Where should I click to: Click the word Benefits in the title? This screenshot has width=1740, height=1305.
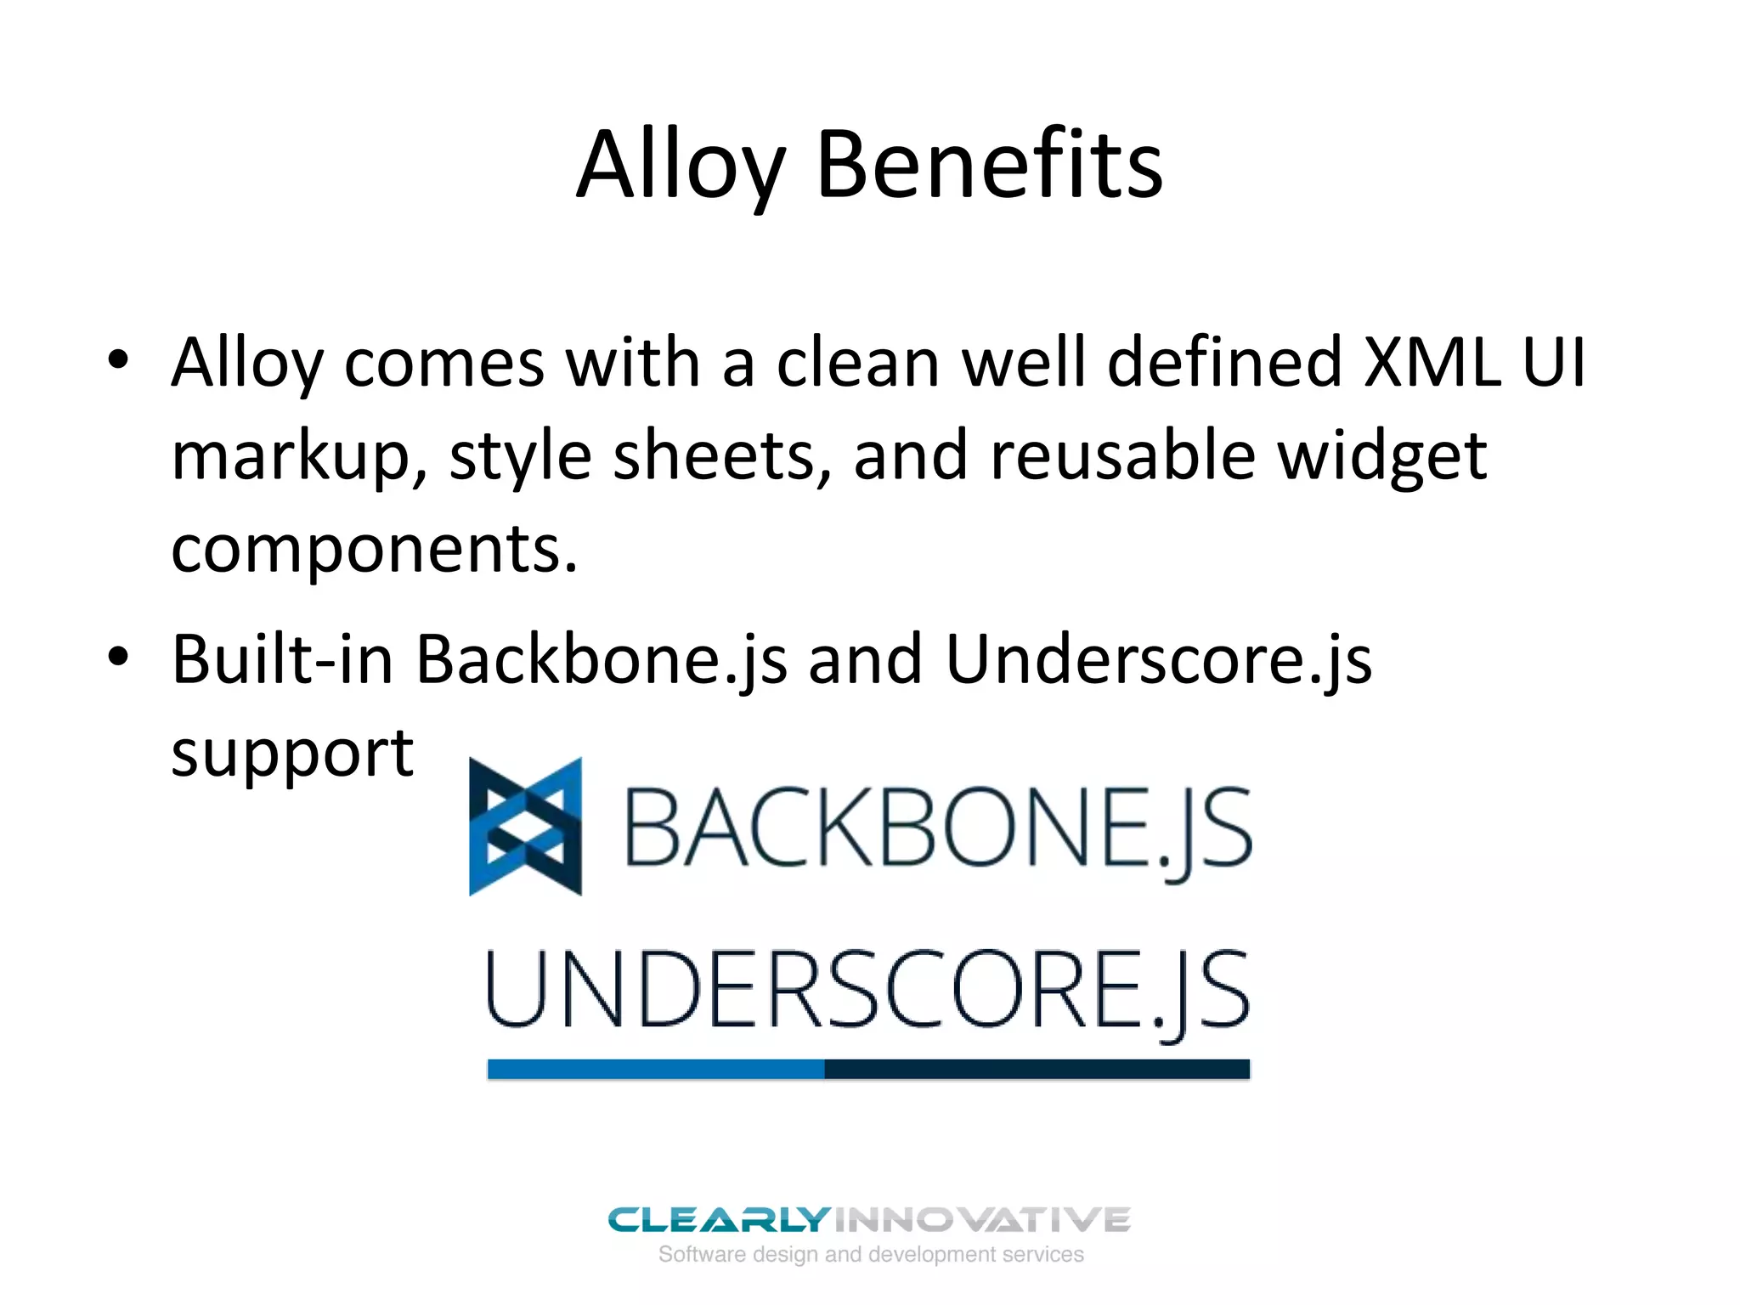[989, 165]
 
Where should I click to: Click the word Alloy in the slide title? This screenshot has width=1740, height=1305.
[680, 165]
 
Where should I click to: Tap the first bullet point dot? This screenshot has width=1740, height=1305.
[118, 359]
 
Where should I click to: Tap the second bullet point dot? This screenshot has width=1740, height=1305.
[118, 656]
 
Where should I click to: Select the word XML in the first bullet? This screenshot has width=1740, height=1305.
[1432, 362]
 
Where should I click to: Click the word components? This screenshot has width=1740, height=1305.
[374, 549]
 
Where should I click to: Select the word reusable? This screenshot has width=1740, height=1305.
[1122, 455]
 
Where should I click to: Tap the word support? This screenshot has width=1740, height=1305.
[292, 754]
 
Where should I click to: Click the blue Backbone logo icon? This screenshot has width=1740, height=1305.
[526, 827]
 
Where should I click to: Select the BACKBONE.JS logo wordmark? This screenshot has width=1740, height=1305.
[938, 828]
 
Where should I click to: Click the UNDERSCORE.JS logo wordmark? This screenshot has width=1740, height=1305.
[867, 991]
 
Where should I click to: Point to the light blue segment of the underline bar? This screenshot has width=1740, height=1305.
[655, 1069]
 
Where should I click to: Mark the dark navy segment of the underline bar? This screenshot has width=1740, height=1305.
[1037, 1069]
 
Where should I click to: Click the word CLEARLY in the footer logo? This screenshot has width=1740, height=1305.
[718, 1220]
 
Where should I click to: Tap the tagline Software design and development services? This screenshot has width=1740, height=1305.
[871, 1254]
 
